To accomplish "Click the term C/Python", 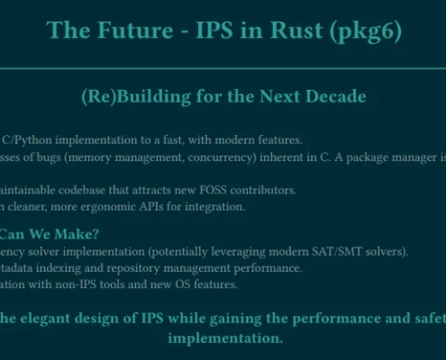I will pyautogui.click(x=27, y=140).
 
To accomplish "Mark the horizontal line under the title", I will pyautogui.click(x=223, y=68).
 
